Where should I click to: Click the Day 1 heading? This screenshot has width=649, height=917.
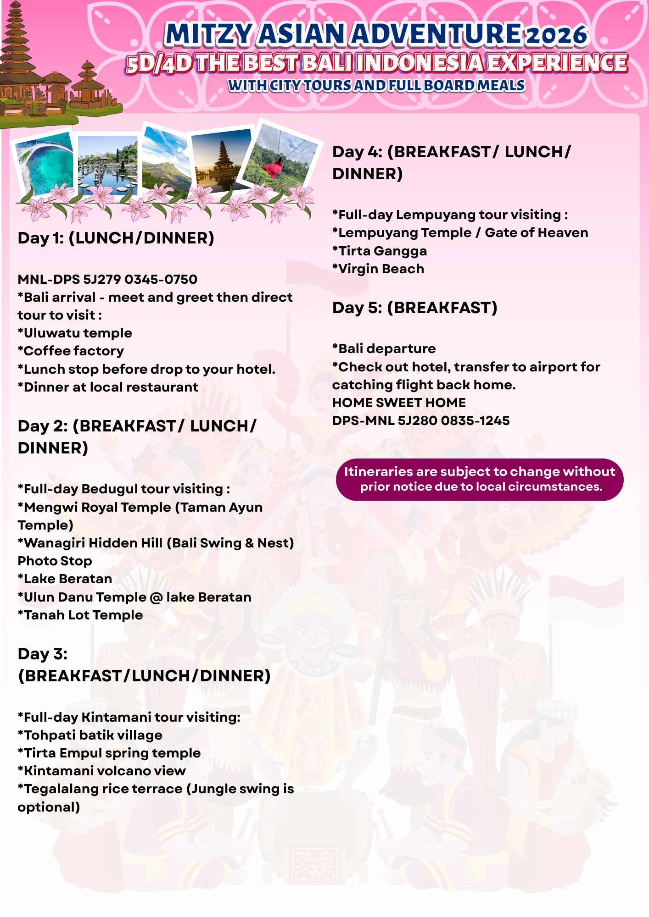[x=116, y=238]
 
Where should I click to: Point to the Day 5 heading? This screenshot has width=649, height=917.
[x=414, y=308]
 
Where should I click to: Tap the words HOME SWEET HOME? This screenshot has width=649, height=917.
[x=399, y=403]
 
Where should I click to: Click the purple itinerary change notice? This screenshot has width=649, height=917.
[x=480, y=479]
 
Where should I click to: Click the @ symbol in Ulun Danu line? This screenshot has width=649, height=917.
[x=156, y=597]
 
